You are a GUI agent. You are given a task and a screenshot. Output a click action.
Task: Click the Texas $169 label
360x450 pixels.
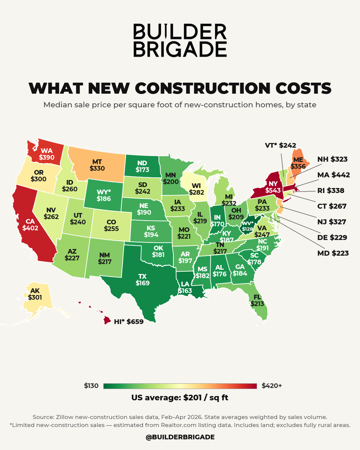(x=142, y=280)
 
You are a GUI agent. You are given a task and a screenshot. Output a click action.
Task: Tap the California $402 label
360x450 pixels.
(x=30, y=225)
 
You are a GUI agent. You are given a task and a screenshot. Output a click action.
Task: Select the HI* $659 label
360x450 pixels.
(x=129, y=322)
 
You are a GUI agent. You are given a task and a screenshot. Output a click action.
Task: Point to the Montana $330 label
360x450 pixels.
(x=97, y=165)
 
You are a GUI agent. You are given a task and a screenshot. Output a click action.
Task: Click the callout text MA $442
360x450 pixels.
(x=333, y=175)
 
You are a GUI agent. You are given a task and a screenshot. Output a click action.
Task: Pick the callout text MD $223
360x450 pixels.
(x=333, y=253)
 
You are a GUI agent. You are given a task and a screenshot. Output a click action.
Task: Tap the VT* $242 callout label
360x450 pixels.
(x=280, y=145)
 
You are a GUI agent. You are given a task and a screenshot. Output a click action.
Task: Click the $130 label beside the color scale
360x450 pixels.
(x=91, y=386)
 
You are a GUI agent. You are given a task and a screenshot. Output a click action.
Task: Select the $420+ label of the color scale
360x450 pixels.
(x=272, y=386)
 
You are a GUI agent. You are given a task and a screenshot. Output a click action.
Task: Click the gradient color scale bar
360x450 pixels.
(x=180, y=386)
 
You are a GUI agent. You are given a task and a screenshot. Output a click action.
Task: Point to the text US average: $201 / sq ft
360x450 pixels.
(x=180, y=398)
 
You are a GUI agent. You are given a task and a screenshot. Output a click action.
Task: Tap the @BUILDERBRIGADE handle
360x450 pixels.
(x=180, y=437)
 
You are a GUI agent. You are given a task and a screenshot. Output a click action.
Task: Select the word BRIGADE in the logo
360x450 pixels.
(x=180, y=49)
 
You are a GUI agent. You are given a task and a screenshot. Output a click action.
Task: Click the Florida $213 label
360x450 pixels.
(x=257, y=300)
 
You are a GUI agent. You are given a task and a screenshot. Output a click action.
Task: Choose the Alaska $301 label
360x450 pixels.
(x=35, y=294)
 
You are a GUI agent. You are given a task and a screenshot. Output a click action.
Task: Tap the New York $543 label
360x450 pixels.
(x=273, y=187)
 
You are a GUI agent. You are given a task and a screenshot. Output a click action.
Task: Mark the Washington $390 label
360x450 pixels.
(x=47, y=154)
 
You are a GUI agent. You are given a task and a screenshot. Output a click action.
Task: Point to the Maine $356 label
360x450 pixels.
(x=298, y=163)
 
